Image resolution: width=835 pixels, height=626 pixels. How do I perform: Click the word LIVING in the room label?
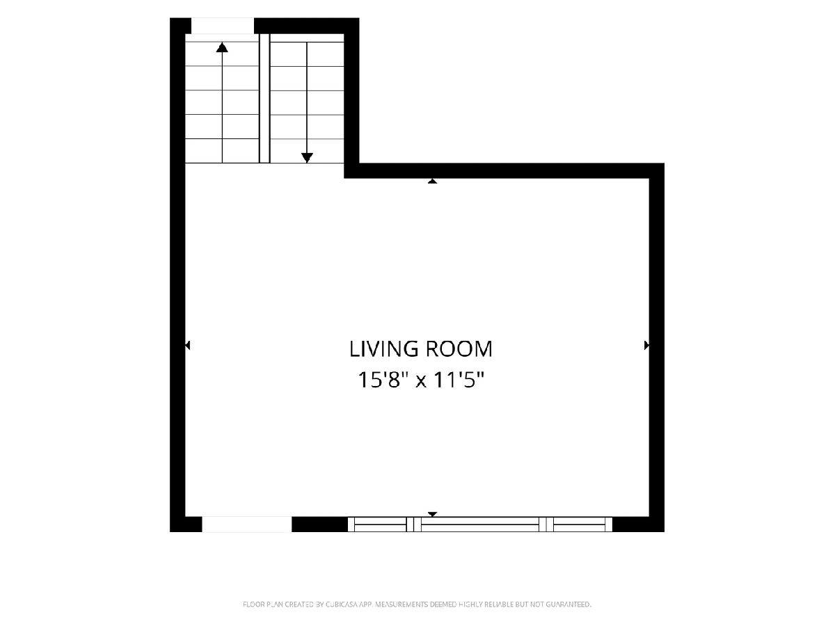point(384,349)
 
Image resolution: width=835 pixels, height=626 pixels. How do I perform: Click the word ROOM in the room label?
point(459,349)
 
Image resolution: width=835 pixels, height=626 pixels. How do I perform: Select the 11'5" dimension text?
point(459,380)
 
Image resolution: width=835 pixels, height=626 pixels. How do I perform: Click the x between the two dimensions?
point(421,382)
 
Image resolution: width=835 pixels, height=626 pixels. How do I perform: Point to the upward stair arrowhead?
point(222,47)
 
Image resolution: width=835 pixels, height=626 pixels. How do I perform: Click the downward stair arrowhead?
point(307,157)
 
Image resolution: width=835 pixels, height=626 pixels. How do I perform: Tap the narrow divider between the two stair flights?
point(264,98)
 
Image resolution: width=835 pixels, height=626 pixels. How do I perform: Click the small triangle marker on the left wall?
point(187,345)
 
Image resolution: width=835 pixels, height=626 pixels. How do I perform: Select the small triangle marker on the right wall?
point(646,345)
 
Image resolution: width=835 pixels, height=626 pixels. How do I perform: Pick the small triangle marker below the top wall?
point(432,181)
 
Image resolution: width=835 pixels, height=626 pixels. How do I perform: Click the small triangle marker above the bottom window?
point(432,514)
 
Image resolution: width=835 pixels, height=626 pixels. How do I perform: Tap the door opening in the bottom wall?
point(246,524)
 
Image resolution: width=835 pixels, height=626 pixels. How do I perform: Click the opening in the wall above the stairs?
point(223,26)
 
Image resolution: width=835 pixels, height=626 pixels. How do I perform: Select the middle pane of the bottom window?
point(479,524)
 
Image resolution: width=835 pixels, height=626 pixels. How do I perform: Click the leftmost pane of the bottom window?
point(380,524)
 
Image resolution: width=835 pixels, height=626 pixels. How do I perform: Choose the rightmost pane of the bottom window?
point(579,524)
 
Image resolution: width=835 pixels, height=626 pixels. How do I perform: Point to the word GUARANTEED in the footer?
point(568,604)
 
